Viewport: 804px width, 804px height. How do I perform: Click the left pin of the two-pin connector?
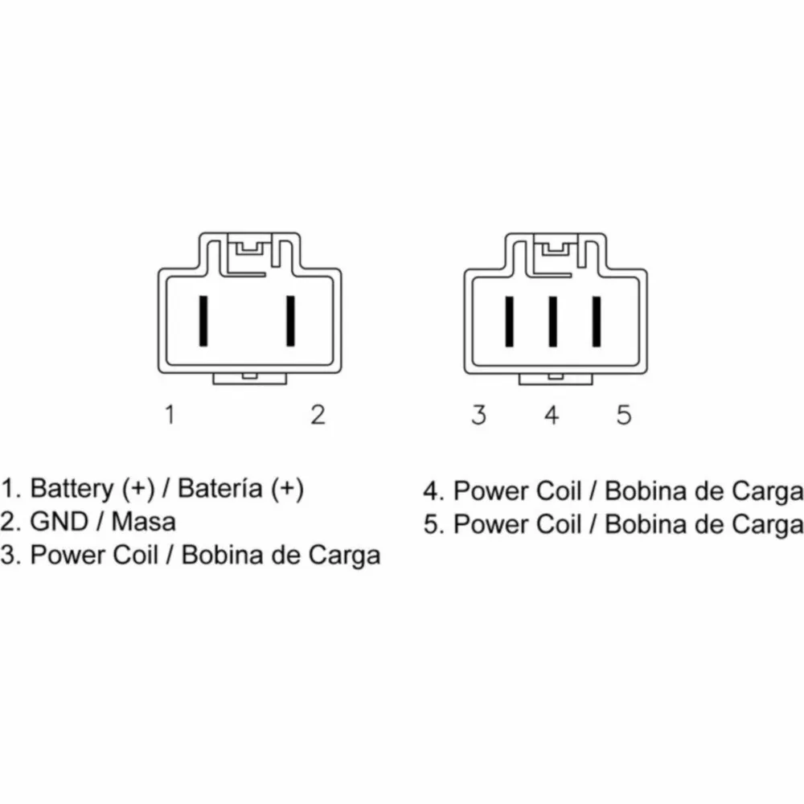203,321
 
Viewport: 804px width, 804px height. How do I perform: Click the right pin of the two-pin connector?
291,321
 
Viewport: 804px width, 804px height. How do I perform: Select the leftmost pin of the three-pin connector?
509,322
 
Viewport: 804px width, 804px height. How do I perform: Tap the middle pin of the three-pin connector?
553,322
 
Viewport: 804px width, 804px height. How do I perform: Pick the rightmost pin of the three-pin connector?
597,322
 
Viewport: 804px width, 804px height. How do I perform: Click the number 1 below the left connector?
170,414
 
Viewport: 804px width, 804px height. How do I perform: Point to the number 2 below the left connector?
318,414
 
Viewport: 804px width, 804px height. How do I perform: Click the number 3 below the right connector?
479,415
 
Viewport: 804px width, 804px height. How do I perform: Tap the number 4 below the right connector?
552,415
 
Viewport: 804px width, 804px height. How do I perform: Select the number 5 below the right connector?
624,415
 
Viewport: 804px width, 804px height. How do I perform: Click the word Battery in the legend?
72,489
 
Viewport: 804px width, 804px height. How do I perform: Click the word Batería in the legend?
220,488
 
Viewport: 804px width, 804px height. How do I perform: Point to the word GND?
59,522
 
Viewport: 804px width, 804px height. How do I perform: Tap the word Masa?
144,522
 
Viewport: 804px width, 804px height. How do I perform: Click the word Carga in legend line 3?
345,556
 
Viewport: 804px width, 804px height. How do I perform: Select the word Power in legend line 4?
491,491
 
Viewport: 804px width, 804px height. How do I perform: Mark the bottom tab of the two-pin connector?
250,379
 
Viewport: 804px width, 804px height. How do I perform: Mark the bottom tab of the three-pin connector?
556,379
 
